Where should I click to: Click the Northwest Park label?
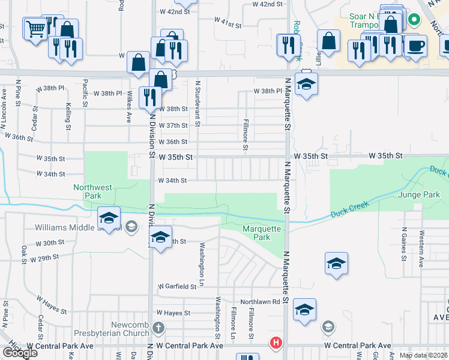pyautogui.click(x=92, y=191)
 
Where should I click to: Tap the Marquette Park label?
pyautogui.click(x=262, y=233)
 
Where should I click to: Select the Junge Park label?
pyautogui.click(x=419, y=195)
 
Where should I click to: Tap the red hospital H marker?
pyautogui.click(x=276, y=343)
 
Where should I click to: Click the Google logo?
pyautogui.click(x=19, y=353)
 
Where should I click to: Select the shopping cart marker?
pyautogui.click(x=35, y=28)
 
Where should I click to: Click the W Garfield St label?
pyautogui.click(x=177, y=287)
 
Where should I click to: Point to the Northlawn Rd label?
pyautogui.click(x=261, y=302)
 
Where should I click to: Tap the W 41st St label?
pyautogui.click(x=228, y=26)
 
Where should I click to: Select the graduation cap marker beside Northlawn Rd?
pyautogui.click(x=305, y=311)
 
